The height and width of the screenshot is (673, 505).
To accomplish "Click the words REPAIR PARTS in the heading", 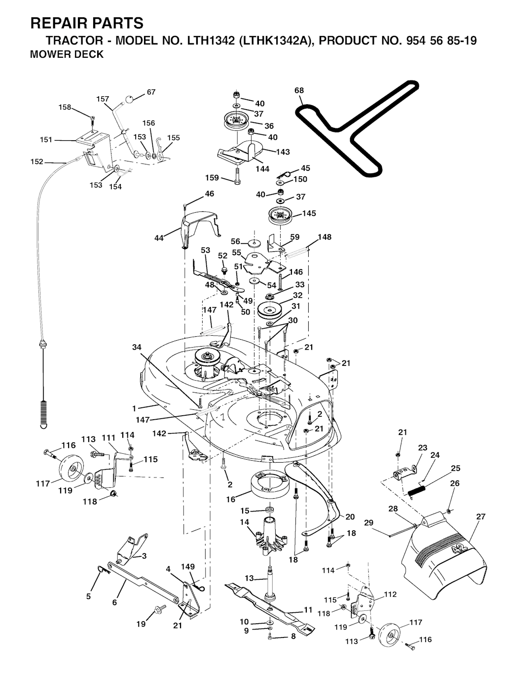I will (87, 23).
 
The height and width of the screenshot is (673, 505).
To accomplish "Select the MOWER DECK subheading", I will (67, 54).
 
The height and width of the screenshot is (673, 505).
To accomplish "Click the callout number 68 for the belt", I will (299, 90).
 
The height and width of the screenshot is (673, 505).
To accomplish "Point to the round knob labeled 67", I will (129, 99).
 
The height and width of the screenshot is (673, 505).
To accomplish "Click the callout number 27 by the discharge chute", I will (481, 516).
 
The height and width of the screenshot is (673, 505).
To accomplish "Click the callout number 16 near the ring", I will (230, 499).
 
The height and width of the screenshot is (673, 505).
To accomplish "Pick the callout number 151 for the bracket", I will (46, 140).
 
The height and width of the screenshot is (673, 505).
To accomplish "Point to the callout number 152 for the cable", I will (36, 161).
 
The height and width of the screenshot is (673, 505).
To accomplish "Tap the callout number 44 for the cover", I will (159, 238).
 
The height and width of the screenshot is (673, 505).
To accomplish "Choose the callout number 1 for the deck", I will (134, 408).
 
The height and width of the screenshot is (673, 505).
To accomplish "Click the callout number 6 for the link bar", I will (114, 602).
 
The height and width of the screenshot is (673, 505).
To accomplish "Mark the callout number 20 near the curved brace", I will (350, 517).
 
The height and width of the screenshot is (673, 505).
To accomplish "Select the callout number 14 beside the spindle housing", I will (244, 522).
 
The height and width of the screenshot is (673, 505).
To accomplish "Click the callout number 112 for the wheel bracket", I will (390, 594).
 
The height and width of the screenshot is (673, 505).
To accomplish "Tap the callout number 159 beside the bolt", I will (212, 177).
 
